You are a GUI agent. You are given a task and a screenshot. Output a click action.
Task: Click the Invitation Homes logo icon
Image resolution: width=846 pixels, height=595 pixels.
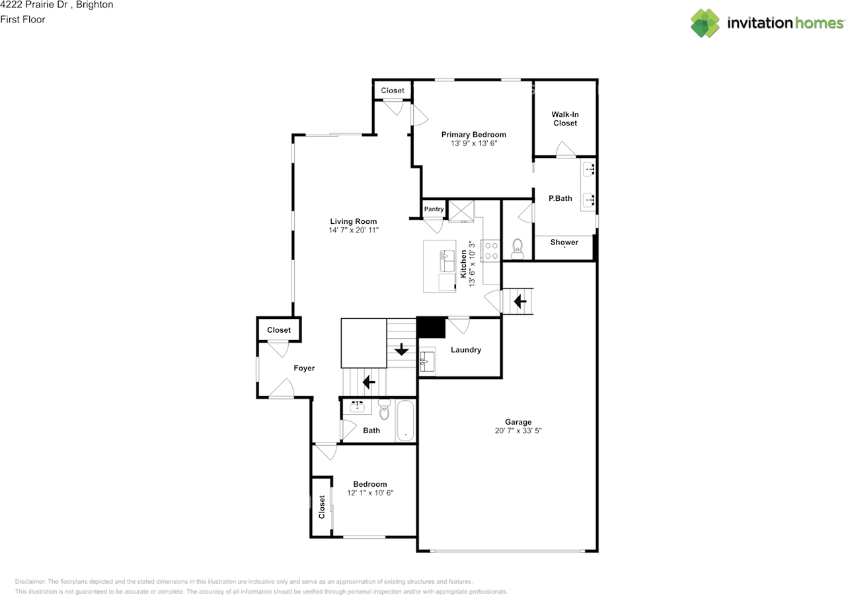(x=705, y=23)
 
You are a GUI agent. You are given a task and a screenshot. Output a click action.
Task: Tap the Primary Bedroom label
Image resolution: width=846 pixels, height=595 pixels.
(x=474, y=135)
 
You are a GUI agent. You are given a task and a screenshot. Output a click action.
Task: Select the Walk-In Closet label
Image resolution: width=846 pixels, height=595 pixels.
(x=564, y=119)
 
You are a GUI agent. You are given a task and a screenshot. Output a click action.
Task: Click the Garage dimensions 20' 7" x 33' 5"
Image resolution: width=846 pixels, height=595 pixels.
(x=518, y=431)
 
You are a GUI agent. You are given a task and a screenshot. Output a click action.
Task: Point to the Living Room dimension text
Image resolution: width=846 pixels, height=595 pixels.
(x=354, y=230)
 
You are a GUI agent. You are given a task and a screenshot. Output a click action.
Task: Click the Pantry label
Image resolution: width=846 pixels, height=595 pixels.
(x=434, y=209)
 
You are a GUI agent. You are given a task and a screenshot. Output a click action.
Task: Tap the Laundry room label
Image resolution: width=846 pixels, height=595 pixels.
(x=466, y=350)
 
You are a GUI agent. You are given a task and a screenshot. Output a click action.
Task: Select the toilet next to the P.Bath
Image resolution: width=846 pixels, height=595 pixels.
(x=518, y=248)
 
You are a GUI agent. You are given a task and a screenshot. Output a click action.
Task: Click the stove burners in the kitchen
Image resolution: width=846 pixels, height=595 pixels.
(x=492, y=250)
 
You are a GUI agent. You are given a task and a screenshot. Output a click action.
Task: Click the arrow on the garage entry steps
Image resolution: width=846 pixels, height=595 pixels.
(x=519, y=302)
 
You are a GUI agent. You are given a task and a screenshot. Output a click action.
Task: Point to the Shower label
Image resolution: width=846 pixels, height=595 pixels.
(x=564, y=242)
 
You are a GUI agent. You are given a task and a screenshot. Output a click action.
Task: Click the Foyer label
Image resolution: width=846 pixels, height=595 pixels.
(x=304, y=368)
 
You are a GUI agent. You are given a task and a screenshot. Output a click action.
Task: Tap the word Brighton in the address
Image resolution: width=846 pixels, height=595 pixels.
(x=95, y=5)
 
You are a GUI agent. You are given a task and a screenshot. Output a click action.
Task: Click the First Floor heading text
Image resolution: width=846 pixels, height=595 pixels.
(x=23, y=20)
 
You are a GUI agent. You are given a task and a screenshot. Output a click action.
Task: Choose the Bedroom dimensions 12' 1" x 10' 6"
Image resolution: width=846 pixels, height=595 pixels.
(x=370, y=493)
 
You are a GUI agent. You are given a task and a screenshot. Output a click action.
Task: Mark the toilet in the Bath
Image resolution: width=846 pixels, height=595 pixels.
(x=385, y=410)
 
